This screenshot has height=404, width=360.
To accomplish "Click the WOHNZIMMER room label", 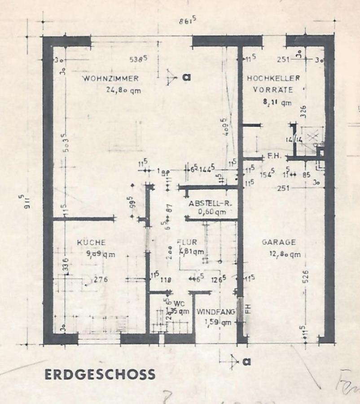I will (x=110, y=79).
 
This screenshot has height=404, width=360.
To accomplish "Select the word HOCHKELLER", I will (x=273, y=79).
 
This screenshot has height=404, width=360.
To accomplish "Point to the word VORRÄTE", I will (x=272, y=90).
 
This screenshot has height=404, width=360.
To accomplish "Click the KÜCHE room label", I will (x=91, y=242).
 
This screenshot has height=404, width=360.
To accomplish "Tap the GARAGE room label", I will (x=279, y=242).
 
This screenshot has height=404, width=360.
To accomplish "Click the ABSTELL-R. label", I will (x=210, y=203).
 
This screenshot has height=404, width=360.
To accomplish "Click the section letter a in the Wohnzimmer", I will (x=186, y=77).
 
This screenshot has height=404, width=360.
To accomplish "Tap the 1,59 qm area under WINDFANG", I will (x=218, y=322).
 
